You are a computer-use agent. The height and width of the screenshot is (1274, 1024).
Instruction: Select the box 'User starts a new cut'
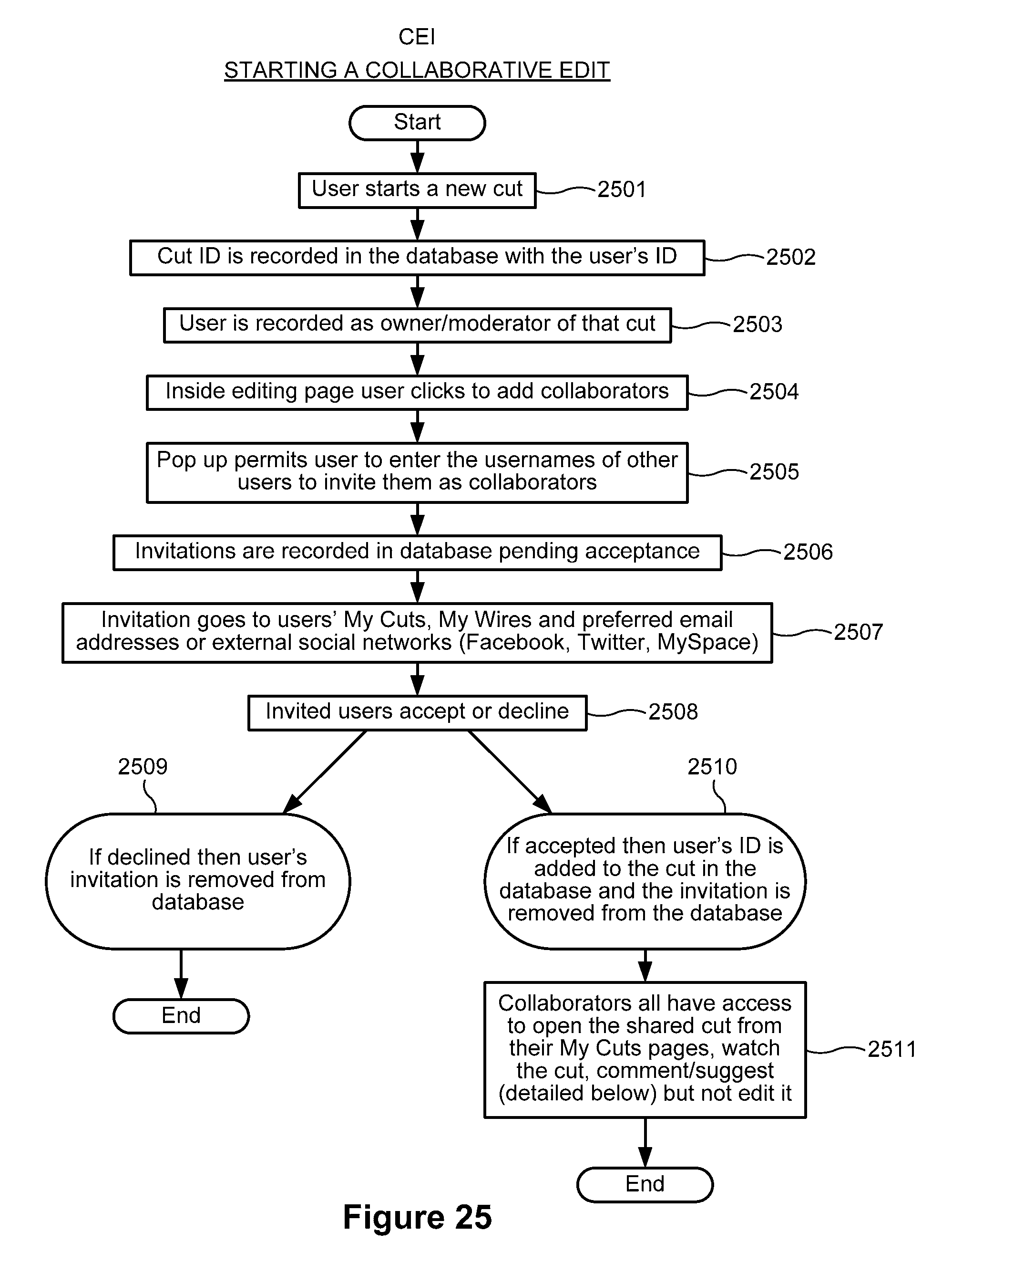point(417,190)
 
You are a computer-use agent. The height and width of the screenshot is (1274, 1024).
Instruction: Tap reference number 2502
point(791,257)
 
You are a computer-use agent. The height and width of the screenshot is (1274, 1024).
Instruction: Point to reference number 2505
point(774,471)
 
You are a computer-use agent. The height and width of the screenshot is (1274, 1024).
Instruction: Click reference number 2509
point(143,767)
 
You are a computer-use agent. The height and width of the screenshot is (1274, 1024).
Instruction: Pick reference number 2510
point(712,767)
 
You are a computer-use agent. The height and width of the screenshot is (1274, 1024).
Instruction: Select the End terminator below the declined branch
point(181,1016)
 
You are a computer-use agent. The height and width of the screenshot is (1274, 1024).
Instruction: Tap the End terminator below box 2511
point(645,1184)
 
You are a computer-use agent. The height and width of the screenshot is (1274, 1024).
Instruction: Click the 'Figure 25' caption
point(417,1218)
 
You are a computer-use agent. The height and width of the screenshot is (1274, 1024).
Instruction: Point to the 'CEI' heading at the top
point(417,37)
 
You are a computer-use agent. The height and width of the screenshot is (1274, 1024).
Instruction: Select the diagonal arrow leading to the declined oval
point(325,771)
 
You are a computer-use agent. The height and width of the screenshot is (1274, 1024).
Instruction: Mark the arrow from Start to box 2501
point(418,156)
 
